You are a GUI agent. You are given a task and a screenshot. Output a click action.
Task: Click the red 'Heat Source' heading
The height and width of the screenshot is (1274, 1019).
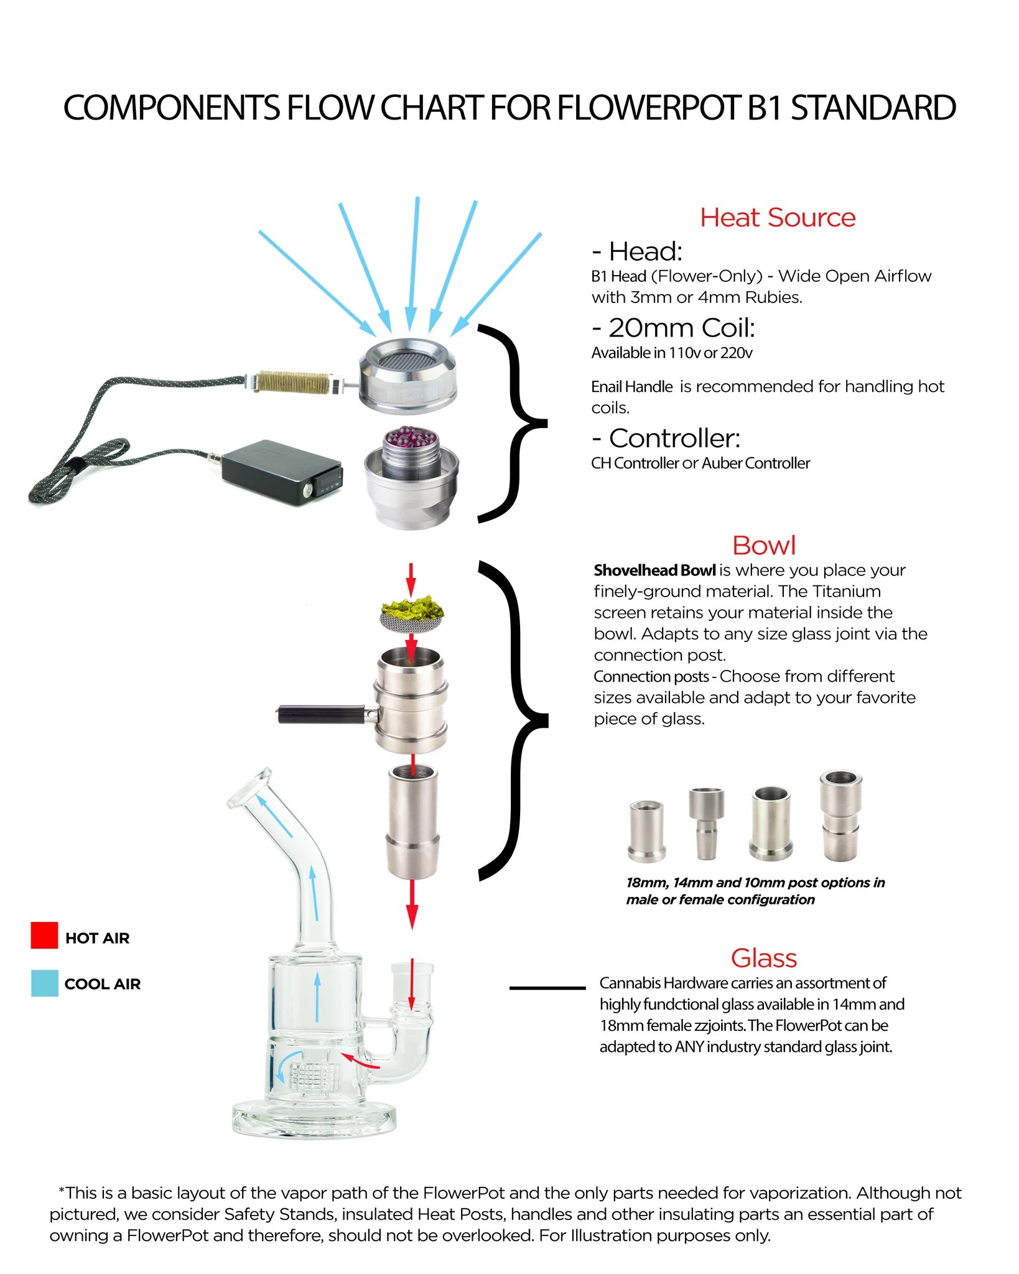[778, 218]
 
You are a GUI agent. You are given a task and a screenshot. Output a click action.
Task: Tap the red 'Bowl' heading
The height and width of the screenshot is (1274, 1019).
[764, 546]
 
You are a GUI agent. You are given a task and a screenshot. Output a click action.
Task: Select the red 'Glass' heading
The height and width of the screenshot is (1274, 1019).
[764, 959]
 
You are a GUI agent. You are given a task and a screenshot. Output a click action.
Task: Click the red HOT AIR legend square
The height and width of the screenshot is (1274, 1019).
[44, 936]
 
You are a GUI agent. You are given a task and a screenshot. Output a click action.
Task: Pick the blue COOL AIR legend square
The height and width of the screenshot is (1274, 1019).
[44, 983]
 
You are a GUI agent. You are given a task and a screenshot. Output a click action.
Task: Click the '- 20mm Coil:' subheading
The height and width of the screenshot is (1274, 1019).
[673, 328]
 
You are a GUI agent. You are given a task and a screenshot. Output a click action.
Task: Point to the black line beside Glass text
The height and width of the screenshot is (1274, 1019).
[547, 988]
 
